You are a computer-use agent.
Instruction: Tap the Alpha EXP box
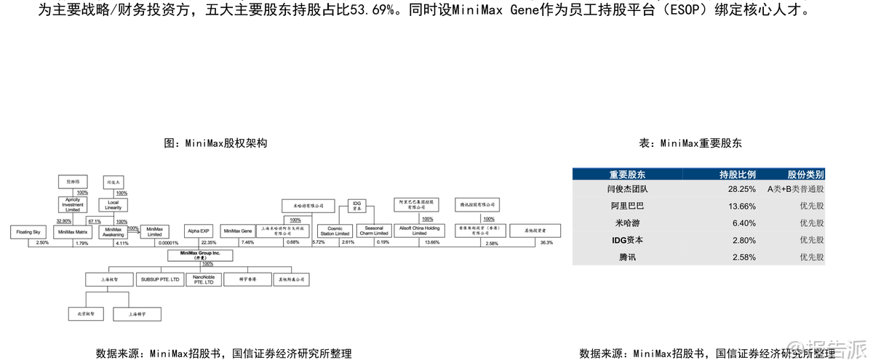[198, 231]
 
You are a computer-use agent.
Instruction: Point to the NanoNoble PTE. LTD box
[204, 279]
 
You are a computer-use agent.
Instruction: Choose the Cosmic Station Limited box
[335, 231]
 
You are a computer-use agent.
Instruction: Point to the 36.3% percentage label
[546, 243]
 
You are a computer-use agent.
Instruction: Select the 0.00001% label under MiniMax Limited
[165, 243]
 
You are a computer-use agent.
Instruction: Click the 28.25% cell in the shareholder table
[738, 189]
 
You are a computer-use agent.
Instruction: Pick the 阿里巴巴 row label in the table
[627, 206]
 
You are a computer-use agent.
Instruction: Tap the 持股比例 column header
[738, 175]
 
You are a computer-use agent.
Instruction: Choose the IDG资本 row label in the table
[627, 240]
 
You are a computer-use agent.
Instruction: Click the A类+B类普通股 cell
[795, 189]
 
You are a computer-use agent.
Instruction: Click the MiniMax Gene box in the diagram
[237, 231]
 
